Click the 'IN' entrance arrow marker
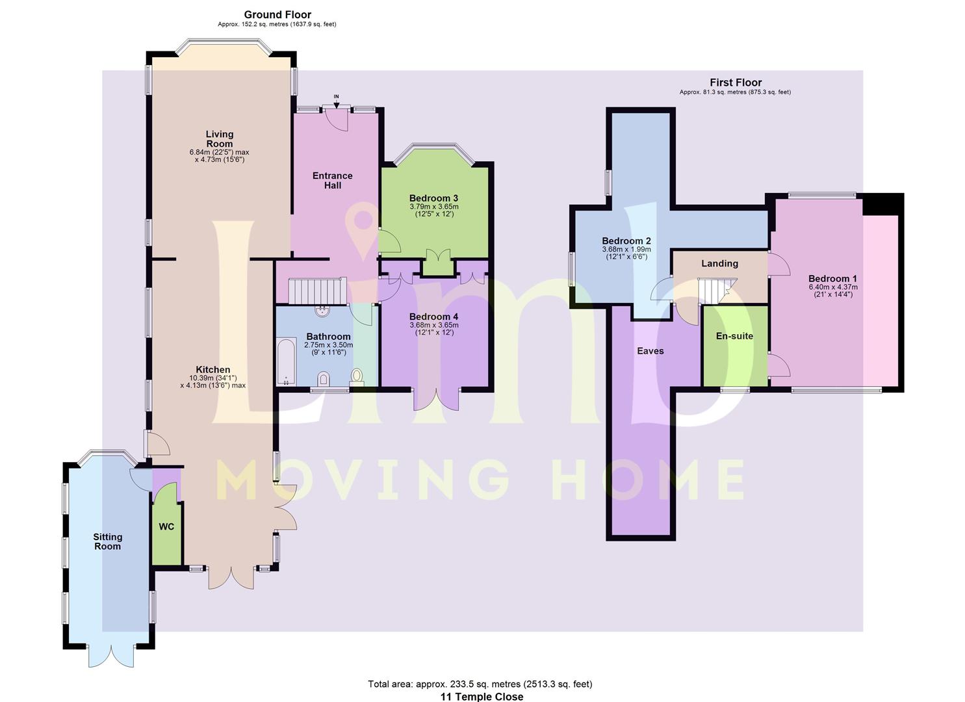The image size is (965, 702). [x=337, y=102]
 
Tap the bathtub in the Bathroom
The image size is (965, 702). [x=286, y=361]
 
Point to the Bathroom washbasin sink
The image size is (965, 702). [x=322, y=311]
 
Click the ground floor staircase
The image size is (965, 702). [x=318, y=291]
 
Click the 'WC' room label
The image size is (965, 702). [x=167, y=526]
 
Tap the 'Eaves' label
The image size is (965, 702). [x=650, y=351]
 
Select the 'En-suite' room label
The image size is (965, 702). [x=734, y=335]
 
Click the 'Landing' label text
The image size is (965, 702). [x=719, y=263]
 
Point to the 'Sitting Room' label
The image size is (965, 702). [x=108, y=541]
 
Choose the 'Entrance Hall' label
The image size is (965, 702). [x=333, y=181]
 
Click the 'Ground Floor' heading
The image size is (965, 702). [x=277, y=15]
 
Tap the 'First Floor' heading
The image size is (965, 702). [x=736, y=83]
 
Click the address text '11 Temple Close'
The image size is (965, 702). [x=482, y=697]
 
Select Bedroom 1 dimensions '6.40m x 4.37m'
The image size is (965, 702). [x=833, y=287]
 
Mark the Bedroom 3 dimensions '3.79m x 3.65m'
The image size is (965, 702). [x=434, y=207]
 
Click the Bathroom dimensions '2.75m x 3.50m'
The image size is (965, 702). [x=328, y=344]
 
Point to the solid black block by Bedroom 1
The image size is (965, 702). [x=882, y=204]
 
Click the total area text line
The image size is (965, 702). [x=480, y=684]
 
